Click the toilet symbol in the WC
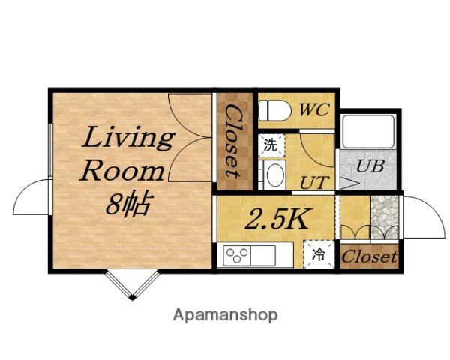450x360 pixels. [274, 110]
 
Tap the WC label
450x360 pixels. [314, 109]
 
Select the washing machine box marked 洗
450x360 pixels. [271, 145]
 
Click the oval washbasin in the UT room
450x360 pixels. [276, 175]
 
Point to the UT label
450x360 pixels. [314, 182]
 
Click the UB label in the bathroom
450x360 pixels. [370, 166]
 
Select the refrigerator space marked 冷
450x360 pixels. [319, 254]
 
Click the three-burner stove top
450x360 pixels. [237, 255]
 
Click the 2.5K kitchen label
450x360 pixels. [275, 219]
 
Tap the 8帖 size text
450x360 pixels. [127, 203]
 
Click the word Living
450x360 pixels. [128, 138]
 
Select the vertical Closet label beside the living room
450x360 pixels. [233, 141]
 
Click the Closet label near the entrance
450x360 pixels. [370, 256]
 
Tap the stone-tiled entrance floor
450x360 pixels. [385, 217]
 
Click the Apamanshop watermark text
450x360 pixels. [225, 315]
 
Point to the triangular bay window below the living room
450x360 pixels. [132, 284]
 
